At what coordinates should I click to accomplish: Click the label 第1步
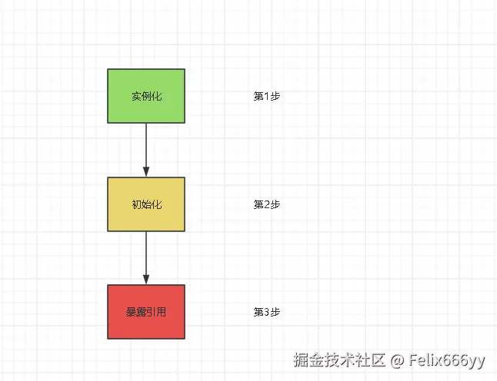tap(266, 97)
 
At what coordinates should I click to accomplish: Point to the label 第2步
tap(266, 205)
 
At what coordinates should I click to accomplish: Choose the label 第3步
tap(266, 313)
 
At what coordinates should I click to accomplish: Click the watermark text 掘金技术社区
tap(339, 359)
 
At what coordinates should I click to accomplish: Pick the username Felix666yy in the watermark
tap(447, 359)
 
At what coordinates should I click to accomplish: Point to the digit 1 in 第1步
tap(266, 97)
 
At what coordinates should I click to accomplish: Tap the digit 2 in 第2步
tap(266, 205)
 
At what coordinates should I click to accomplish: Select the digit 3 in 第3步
tap(266, 313)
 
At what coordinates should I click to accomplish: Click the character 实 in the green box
tap(136, 97)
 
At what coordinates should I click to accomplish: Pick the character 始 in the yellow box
tap(146, 205)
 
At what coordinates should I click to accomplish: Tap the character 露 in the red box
tap(142, 313)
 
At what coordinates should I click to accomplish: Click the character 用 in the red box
tap(162, 313)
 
